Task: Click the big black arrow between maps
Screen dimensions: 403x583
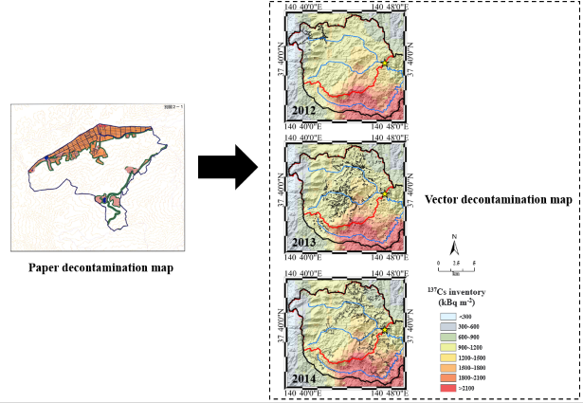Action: point(228,169)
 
